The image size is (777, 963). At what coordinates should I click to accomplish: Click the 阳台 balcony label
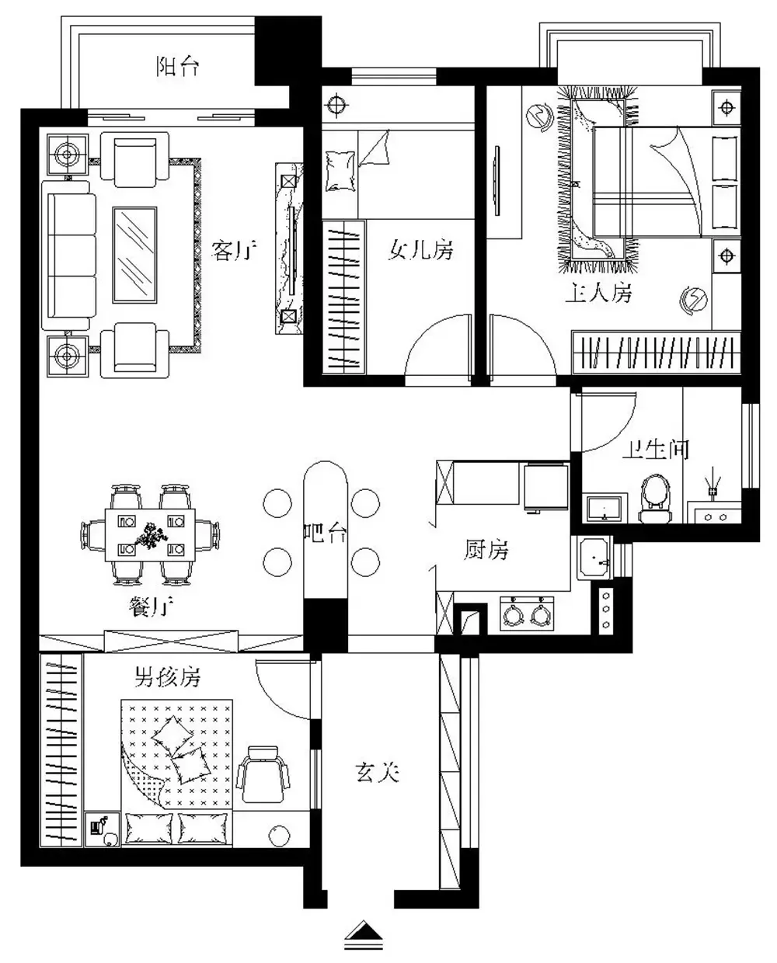[178, 67]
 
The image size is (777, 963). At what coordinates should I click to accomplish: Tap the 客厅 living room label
[234, 251]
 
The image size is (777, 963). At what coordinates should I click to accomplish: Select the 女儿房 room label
[420, 250]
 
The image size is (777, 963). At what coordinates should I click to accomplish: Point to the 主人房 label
[598, 293]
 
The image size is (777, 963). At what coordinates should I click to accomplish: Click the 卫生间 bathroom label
[656, 450]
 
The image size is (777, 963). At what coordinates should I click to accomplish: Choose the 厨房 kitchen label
[486, 550]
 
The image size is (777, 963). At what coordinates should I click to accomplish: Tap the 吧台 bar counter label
[326, 533]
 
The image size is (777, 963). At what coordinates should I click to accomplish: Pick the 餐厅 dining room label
[151, 607]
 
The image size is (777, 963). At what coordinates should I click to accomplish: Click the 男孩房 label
[168, 676]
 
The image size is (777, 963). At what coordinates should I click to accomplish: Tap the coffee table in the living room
[134, 255]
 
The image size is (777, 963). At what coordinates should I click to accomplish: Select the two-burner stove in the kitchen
[527, 613]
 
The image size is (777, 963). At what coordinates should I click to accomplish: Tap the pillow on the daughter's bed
[340, 171]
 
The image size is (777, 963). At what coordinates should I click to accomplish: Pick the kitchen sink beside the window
[594, 558]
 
